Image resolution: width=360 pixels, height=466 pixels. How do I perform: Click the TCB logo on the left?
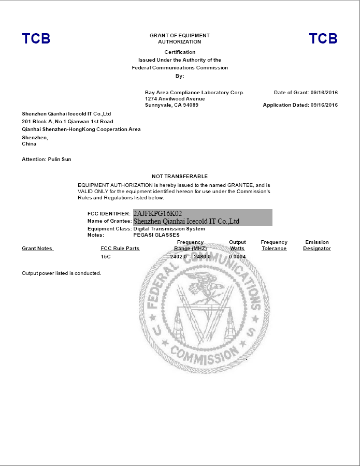pyautogui.click(x=36, y=39)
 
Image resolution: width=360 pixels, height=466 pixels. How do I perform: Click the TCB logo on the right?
pyautogui.click(x=323, y=39)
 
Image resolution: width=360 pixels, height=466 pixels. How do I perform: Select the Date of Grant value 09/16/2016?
pyautogui.click(x=324, y=93)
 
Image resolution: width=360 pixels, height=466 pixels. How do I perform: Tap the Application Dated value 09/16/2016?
pyautogui.click(x=324, y=105)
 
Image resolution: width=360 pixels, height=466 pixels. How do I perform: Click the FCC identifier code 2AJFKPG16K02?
pyautogui.click(x=157, y=213)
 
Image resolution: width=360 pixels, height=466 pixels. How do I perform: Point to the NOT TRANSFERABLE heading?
pyautogui.click(x=180, y=177)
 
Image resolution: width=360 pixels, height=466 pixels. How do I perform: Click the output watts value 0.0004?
pyautogui.click(x=237, y=256)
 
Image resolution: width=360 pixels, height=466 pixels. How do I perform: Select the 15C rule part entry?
pyautogui.click(x=106, y=256)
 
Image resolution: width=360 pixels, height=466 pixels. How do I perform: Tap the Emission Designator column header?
pyautogui.click(x=317, y=245)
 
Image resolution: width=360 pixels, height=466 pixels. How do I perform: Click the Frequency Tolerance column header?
pyautogui.click(x=274, y=245)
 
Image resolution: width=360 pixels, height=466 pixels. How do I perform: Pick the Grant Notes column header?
pyautogui.click(x=37, y=249)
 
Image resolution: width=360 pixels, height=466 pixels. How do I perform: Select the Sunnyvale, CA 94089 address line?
pyautogui.click(x=171, y=105)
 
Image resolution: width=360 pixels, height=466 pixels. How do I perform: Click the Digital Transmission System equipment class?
pyautogui.click(x=169, y=228)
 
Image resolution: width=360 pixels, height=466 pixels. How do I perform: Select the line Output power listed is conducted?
pyautogui.click(x=62, y=273)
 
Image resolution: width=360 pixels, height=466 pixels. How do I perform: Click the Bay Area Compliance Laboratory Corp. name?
pyautogui.click(x=194, y=93)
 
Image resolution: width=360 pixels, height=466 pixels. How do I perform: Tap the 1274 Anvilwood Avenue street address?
pyautogui.click(x=175, y=99)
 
